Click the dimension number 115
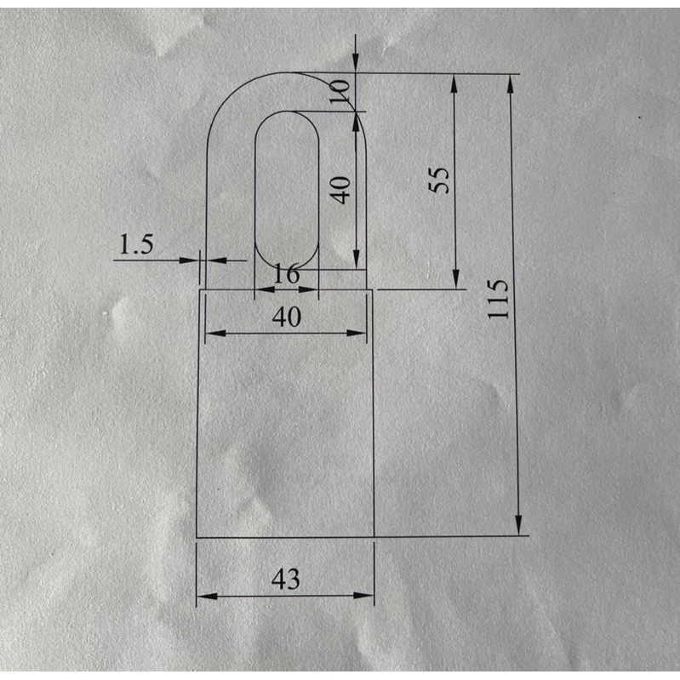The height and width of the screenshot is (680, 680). click(497, 300)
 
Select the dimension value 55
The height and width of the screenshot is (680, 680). click(439, 180)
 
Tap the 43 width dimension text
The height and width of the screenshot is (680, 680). click(285, 579)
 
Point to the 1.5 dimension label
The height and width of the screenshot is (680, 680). click(136, 243)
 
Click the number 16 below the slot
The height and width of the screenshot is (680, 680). click(286, 274)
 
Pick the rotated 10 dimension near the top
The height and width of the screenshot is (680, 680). click(339, 92)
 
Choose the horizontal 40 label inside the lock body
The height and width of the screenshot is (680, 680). click(287, 317)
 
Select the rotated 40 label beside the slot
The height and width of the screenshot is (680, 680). click(340, 190)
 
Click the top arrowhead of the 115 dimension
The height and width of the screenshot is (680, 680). click(511, 83)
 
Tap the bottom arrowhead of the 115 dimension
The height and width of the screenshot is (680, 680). click(518, 526)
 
